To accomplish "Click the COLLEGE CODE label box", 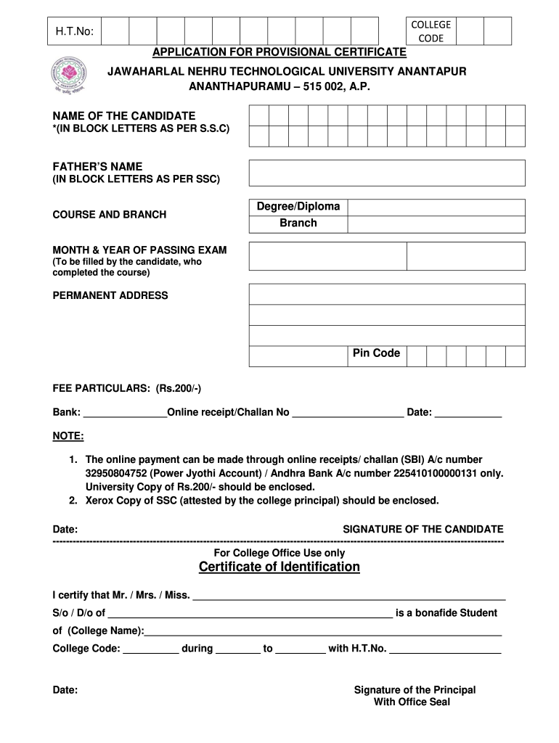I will click(431, 31).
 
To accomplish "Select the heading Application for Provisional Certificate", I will click(279, 52).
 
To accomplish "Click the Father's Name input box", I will click(387, 173).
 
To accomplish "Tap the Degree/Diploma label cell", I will click(298, 207).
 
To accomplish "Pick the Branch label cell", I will click(298, 223).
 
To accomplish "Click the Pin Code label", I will click(376, 353).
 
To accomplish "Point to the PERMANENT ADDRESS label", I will click(110, 295).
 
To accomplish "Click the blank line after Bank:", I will click(125, 413).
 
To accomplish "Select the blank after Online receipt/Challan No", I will click(347, 413).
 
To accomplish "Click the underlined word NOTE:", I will click(68, 436).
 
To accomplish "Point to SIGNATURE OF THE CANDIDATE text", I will click(423, 529).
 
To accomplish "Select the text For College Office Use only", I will click(279, 553).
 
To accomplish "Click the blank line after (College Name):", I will click(323, 631).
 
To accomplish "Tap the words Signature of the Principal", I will click(415, 690).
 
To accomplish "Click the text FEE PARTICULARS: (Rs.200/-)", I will click(127, 388).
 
